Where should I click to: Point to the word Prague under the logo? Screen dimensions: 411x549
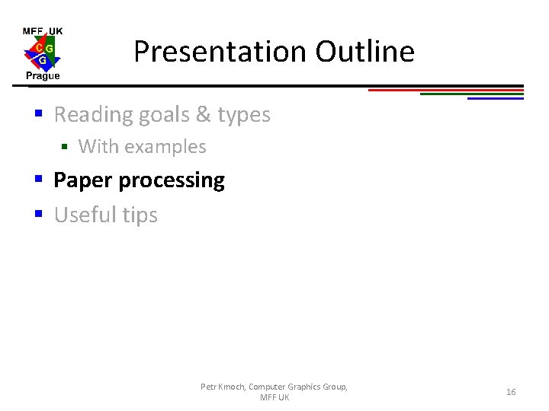[x=43, y=76]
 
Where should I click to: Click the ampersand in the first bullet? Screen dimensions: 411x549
[x=203, y=115]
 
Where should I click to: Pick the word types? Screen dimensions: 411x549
[x=244, y=115]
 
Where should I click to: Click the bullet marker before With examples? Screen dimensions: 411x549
[x=65, y=147]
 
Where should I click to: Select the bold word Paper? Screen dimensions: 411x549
[x=83, y=180]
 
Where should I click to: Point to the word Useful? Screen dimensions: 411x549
[x=85, y=215]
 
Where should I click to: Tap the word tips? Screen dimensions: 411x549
[x=140, y=216]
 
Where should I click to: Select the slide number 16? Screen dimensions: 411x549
[x=511, y=392]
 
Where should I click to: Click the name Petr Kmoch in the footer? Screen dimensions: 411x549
[x=223, y=387]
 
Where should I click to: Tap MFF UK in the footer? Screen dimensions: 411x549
[x=274, y=398]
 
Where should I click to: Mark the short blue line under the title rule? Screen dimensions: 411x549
[x=496, y=98]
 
